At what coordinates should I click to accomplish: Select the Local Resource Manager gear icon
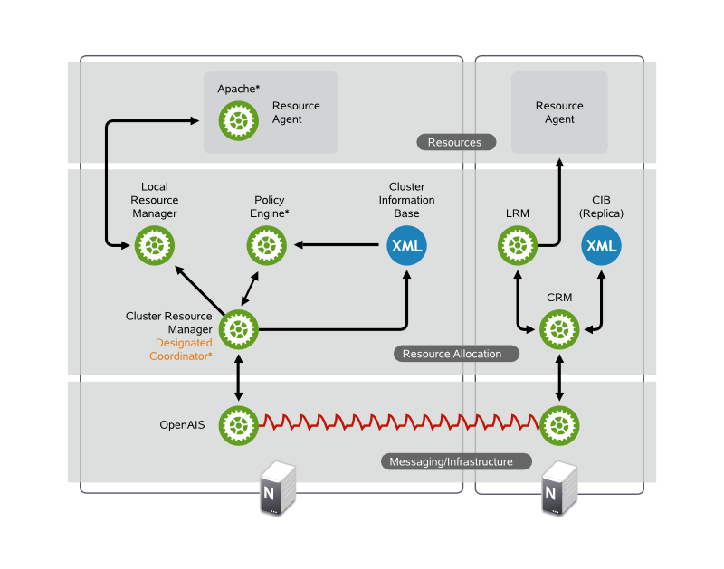(154, 245)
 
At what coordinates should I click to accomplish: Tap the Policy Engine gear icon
(267, 245)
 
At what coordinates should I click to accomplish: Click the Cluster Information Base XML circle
(406, 245)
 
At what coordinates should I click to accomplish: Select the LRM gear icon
(518, 245)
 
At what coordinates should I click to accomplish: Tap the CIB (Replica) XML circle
(601, 245)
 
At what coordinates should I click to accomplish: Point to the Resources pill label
(455, 142)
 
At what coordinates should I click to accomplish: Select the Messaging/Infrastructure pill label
(451, 461)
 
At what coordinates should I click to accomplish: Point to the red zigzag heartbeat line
(398, 422)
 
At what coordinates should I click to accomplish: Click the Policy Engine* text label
(270, 206)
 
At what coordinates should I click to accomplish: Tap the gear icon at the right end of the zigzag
(559, 422)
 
